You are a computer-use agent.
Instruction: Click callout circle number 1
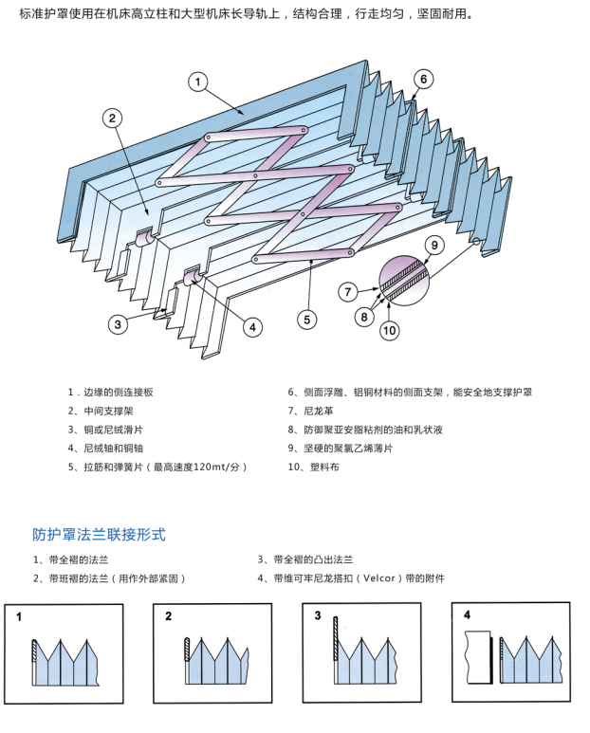point(197,82)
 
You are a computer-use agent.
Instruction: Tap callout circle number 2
point(112,119)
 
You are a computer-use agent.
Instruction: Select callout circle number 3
point(117,324)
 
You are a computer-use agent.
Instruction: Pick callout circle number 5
point(306,320)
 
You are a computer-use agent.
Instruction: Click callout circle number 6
point(424,79)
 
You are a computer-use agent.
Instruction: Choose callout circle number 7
point(348,291)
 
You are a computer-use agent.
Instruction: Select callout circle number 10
point(390,331)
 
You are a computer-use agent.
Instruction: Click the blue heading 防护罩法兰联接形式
point(99,534)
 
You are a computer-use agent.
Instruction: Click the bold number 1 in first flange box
point(18,616)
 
